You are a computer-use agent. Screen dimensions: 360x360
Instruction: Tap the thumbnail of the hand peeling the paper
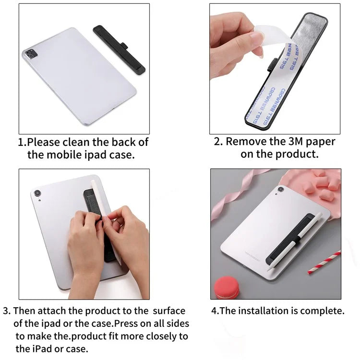click(275, 69)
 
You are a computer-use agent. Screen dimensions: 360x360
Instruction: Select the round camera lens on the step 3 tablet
click(37, 193)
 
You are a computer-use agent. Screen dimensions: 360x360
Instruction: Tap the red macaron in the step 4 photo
click(227, 288)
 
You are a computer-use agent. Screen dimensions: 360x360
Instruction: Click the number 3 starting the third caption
click(6, 311)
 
